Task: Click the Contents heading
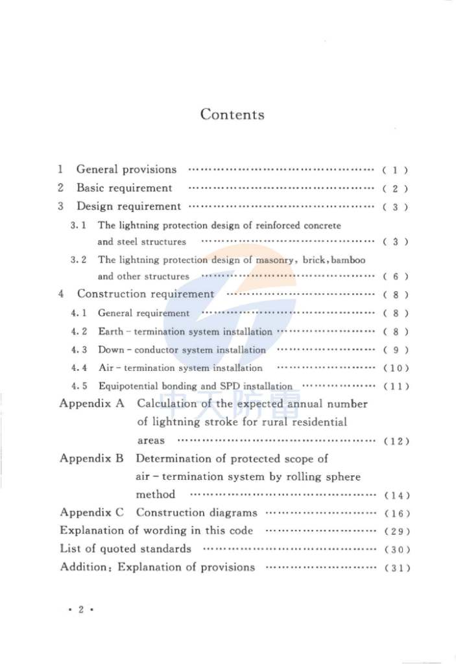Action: tap(232, 115)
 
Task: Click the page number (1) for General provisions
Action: tap(394, 171)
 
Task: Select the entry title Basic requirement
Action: tap(125, 188)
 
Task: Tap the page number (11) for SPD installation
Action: tap(395, 386)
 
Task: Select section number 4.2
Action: tap(79, 331)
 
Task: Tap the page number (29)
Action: tap(396, 531)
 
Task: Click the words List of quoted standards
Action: tap(125, 549)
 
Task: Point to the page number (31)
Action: tap(396, 568)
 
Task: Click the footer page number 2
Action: tap(81, 610)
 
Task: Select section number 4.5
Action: tap(79, 386)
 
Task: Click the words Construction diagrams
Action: tap(197, 512)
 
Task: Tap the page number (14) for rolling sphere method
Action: tap(396, 495)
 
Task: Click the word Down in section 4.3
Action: tap(110, 350)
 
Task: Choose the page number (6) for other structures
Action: tap(394, 276)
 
